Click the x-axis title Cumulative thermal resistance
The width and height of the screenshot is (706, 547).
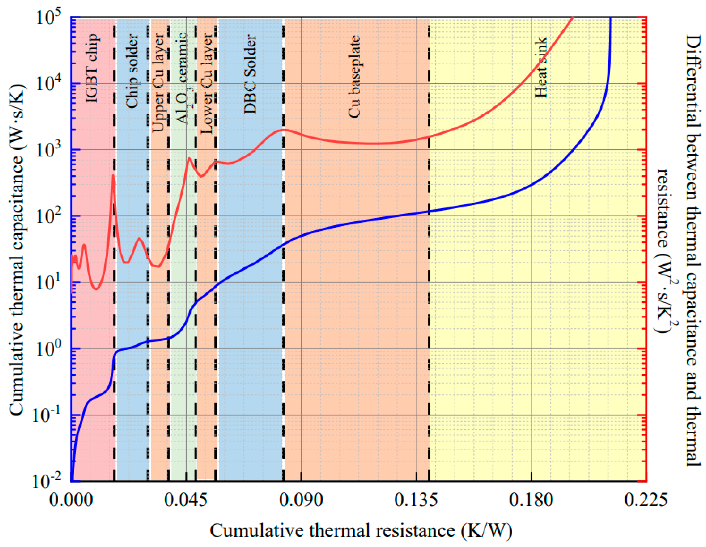pyautogui.click(x=361, y=531)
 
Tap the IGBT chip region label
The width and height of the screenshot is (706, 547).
pyautogui.click(x=92, y=68)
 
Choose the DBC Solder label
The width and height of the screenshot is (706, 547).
pyautogui.click(x=250, y=74)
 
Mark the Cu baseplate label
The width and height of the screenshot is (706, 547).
pyautogui.click(x=354, y=76)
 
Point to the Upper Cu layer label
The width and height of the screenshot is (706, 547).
pyautogui.click(x=159, y=82)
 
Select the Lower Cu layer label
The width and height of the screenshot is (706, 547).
pyautogui.click(x=207, y=83)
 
